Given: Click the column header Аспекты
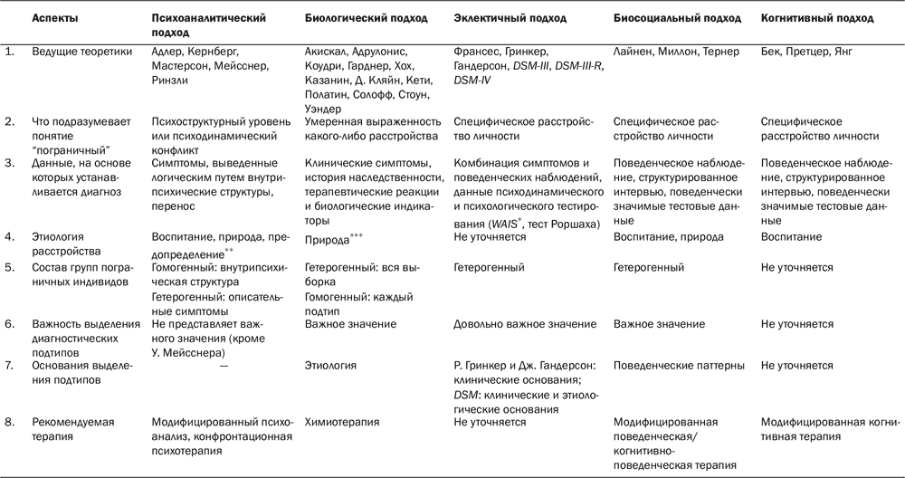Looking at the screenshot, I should point(54,18).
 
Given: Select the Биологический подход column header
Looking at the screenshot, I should point(356,18).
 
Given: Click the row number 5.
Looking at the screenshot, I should point(9,268).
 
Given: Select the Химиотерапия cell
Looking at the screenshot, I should point(341,422).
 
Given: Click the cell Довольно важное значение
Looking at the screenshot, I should point(524,324).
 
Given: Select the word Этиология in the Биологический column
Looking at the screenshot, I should point(331,366).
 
